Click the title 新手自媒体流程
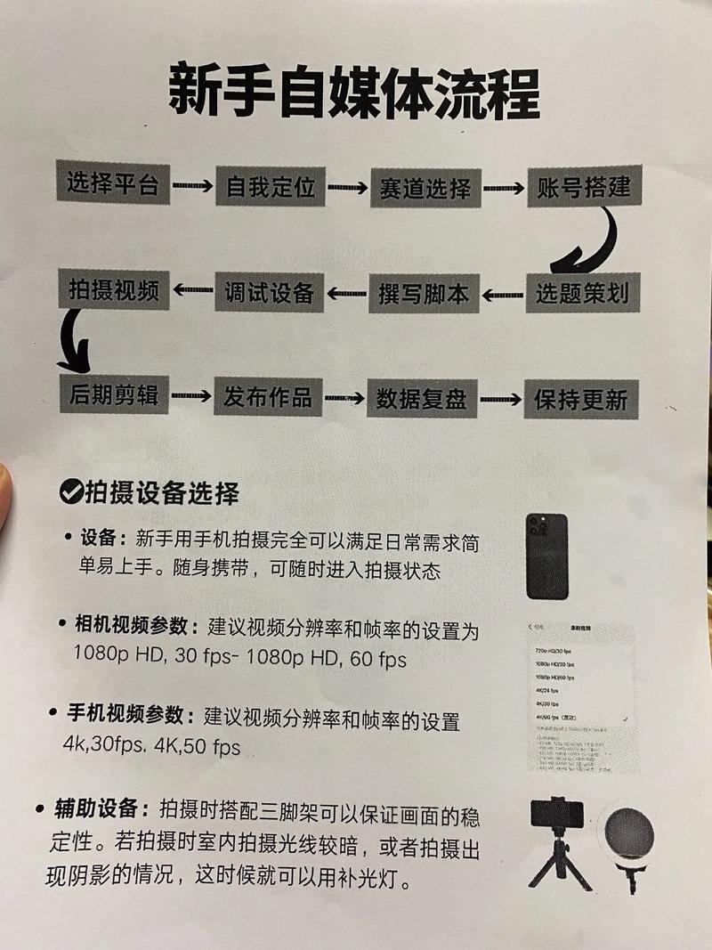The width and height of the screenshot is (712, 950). (x=355, y=92)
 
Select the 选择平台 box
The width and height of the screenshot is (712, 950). (x=112, y=184)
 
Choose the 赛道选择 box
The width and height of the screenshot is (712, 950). (x=425, y=188)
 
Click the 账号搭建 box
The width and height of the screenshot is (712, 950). (x=584, y=188)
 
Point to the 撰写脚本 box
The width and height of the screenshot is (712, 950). (x=424, y=294)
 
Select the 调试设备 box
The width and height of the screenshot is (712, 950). (x=269, y=292)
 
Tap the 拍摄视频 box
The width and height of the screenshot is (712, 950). (x=113, y=289)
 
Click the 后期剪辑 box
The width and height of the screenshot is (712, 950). (x=113, y=394)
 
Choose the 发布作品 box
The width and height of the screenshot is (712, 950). (x=268, y=396)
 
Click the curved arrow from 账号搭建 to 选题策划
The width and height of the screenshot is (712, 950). (x=591, y=241)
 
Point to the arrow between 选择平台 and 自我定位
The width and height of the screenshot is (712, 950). (x=191, y=186)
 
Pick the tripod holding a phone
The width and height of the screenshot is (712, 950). (x=558, y=841)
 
